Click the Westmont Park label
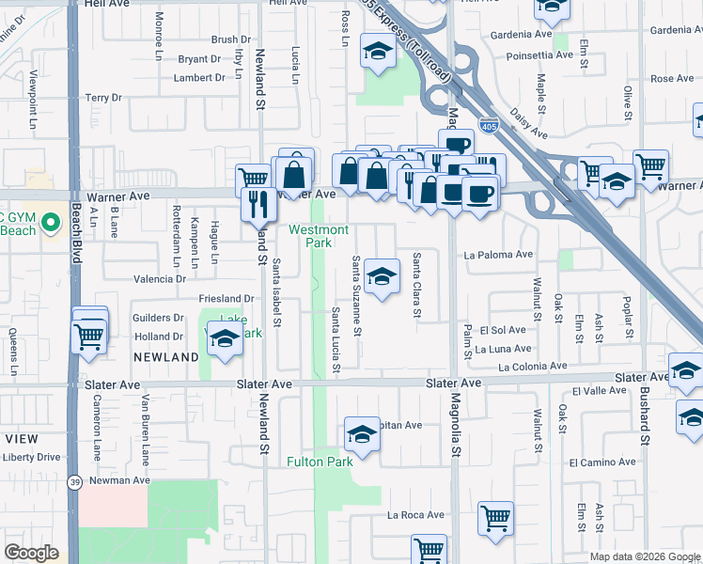[x=319, y=236]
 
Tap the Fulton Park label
[x=320, y=462]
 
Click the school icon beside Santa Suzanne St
[x=381, y=276]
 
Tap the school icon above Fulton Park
[x=362, y=435]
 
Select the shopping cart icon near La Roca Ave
[x=495, y=518]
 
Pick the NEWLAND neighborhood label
[x=165, y=357]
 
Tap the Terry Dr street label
[x=103, y=98]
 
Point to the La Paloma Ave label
[x=498, y=255]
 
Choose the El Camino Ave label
[x=602, y=462]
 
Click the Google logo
[x=31, y=553]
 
